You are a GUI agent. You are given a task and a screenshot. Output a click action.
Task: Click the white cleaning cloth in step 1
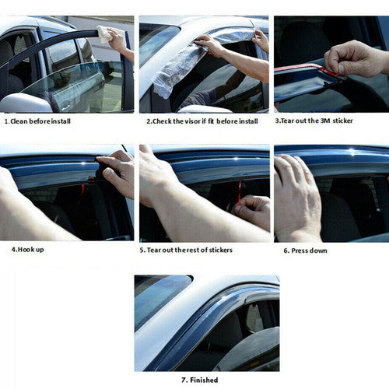[106, 34]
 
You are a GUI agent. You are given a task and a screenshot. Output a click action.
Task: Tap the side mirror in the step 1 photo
[26, 103]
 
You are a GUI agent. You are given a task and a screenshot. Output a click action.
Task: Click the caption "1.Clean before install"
[37, 121]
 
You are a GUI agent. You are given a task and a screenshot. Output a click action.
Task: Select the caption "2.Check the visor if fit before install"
[202, 121]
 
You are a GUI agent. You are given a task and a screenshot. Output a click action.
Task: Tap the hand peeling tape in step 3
[356, 59]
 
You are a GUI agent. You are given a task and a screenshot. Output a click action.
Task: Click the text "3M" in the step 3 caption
[325, 121]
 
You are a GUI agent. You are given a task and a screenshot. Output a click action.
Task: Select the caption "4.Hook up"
[27, 250]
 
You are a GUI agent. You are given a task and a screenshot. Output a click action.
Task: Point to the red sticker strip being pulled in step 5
[240, 192]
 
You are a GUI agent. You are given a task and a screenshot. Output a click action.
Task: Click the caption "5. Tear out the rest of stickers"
[186, 250]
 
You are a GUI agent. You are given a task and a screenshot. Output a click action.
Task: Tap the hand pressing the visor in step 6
[297, 197]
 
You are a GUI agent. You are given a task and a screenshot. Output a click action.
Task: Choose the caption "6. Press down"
[305, 251]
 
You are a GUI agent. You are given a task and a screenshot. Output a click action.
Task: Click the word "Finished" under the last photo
[204, 380]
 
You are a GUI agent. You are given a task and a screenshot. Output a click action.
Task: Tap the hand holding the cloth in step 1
[119, 41]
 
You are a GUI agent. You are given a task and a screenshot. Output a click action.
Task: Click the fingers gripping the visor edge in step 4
[114, 171]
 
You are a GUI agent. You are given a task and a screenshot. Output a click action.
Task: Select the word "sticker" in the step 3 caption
[342, 121]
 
